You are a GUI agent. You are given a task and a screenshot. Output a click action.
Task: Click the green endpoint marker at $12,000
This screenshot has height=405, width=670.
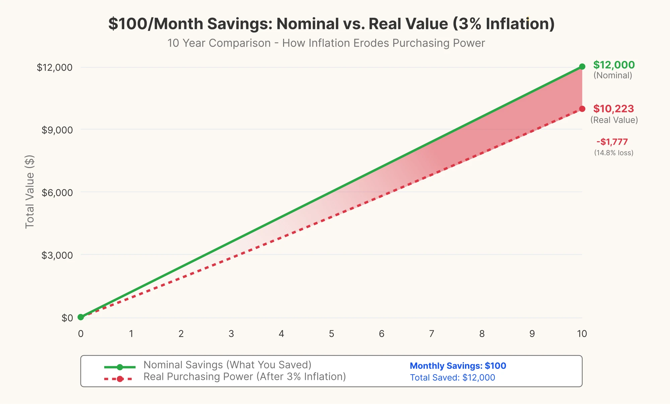point(582,67)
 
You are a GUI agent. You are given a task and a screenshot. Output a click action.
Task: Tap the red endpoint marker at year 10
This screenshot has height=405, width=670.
point(582,109)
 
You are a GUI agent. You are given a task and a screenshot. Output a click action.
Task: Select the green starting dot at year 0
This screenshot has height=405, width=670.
point(81,317)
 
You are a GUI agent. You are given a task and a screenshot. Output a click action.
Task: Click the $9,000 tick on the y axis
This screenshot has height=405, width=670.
point(57,130)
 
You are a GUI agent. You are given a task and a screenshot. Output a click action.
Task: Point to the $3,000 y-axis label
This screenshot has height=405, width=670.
point(57,255)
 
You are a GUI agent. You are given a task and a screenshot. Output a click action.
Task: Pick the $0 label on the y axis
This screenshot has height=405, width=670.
point(67,318)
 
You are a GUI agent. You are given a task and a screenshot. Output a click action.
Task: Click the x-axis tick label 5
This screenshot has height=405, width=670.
point(331,334)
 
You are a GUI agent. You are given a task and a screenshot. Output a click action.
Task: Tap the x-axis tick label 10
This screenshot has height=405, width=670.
point(582,334)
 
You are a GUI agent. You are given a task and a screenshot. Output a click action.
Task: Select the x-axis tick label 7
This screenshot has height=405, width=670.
point(431,334)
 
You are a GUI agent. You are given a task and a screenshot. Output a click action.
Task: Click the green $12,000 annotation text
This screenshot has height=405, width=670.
point(614,65)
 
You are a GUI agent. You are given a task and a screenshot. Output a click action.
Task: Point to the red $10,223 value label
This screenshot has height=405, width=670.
point(613,109)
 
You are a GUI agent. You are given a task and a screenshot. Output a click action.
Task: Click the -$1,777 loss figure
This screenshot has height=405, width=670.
point(612,142)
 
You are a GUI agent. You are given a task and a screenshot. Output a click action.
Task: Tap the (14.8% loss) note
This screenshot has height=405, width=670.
point(614,153)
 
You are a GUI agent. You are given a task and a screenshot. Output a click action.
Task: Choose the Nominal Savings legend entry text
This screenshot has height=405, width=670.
point(227,365)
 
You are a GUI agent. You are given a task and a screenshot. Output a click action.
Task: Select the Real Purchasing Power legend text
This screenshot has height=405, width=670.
point(245,377)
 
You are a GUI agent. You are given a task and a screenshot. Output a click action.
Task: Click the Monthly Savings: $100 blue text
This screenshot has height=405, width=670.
point(458,366)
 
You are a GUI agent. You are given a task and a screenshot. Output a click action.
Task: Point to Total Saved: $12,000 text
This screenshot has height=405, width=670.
point(453,378)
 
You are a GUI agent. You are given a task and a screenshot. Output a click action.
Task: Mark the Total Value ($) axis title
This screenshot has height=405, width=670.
point(30,192)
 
